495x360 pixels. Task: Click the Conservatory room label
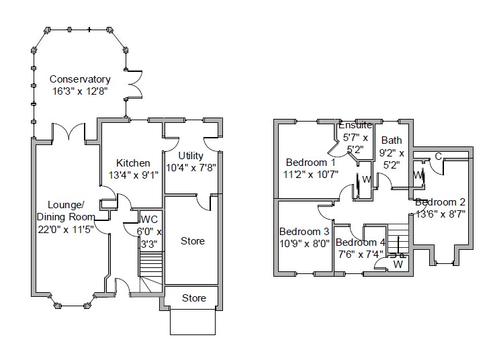[x=80, y=79]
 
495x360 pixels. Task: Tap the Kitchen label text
[x=133, y=163]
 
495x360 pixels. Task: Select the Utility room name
[x=191, y=156]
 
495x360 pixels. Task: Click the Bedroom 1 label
[x=310, y=163]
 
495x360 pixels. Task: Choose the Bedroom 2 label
[x=440, y=202]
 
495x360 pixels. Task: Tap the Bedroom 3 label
[x=304, y=232]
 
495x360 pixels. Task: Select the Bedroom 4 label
[x=361, y=242]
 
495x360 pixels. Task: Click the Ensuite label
[x=355, y=126]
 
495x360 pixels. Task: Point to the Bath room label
[x=391, y=140]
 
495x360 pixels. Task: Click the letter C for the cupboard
[x=438, y=156]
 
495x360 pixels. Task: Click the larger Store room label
[x=193, y=240]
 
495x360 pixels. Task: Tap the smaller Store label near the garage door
[x=194, y=298]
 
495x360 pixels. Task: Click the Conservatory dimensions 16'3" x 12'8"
[x=80, y=91]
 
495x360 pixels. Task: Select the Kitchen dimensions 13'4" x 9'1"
[x=133, y=175]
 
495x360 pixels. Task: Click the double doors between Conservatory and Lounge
[x=68, y=132]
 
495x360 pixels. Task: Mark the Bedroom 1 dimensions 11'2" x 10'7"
[x=310, y=175]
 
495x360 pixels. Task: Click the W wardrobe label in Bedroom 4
[x=398, y=264]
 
